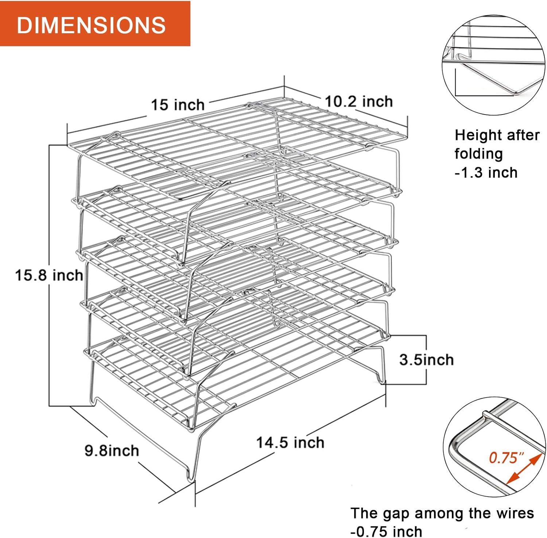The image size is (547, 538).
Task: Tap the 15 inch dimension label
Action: tap(178, 105)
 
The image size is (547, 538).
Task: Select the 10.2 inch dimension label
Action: tap(358, 101)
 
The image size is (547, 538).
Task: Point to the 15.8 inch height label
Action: tap(49, 275)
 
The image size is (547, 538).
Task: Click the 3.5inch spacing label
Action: tap(426, 360)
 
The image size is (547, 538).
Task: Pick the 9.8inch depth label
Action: tap(112, 450)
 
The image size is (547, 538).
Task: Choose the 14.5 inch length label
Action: tap(290, 442)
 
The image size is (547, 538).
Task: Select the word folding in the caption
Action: tap(478, 154)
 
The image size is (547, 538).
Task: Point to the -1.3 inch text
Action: tap(486, 172)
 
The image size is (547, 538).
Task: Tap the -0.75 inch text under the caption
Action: tap(386, 531)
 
